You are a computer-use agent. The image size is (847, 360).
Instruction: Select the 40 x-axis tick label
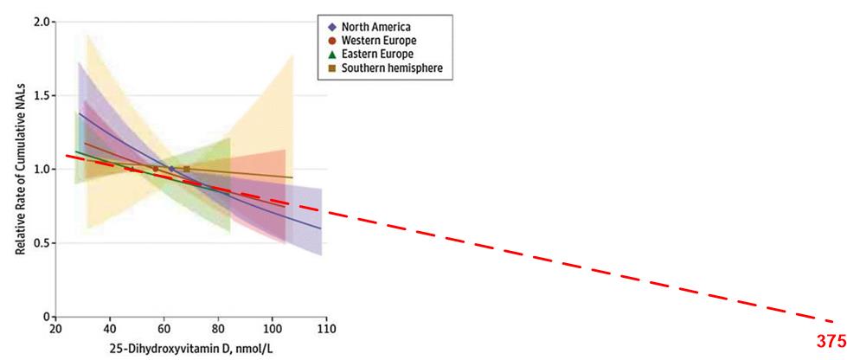tap(110, 330)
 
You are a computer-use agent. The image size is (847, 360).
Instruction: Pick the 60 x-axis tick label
tap(164, 330)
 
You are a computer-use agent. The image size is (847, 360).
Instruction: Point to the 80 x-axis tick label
tap(219, 330)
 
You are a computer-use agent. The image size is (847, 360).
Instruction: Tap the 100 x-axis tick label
tap(273, 330)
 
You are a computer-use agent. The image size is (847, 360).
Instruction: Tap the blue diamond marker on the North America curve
tap(171, 169)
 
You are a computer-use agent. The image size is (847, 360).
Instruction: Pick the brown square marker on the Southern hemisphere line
tap(186, 169)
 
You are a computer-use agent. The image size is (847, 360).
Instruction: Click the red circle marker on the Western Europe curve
tap(156, 169)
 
